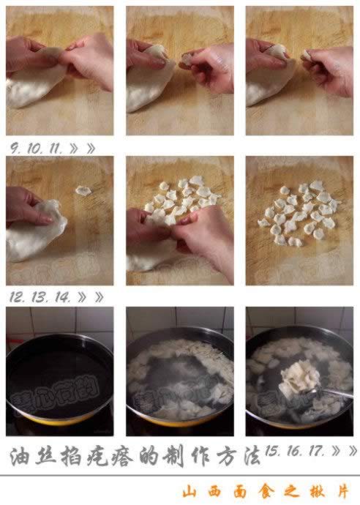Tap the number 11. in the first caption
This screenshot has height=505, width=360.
pos(56,147)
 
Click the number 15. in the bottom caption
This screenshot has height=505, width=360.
pos(275,451)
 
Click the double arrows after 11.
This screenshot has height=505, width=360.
pos(83,148)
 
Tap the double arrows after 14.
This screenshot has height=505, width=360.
pos(91,297)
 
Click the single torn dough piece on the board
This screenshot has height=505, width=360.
pos(83,190)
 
